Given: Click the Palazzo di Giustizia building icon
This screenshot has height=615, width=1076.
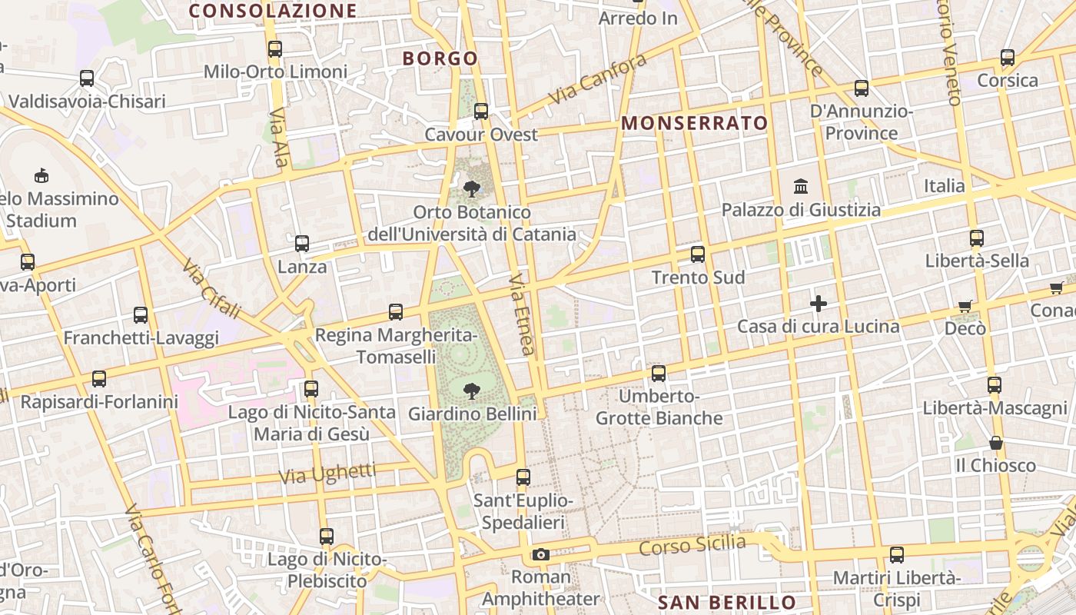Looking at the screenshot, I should pos(801,187).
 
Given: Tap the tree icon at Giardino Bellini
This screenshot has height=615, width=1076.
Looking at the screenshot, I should pos(471,391).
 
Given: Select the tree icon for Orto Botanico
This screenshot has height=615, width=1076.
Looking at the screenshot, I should pos(471,188).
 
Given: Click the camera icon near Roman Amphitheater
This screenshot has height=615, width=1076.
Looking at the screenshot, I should pos(540,554).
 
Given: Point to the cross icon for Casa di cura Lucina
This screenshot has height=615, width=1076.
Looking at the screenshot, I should pos(819,304).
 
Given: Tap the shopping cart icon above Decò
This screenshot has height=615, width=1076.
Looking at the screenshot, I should pos(965,306).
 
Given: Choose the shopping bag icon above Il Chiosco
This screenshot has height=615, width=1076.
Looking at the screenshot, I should pos(996,443).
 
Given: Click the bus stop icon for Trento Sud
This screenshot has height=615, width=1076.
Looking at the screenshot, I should pos(698,254).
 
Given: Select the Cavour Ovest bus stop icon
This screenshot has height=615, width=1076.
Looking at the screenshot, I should pos(481,111).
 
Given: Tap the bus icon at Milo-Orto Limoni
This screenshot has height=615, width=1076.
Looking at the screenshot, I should pos(275,49).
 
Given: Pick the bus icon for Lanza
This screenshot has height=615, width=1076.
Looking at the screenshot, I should pos(302,244).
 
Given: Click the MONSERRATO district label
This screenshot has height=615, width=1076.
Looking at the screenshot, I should pos(695,123).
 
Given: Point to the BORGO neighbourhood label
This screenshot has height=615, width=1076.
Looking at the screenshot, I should pos(440,58).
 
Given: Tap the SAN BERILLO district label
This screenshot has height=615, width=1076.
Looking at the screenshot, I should pos(727,602).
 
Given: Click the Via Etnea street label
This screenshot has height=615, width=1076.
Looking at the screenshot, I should pos(522,314).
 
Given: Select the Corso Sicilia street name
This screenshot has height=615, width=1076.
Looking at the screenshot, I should pos(692,545).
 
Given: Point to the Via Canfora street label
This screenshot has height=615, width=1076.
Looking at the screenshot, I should pos(597,81).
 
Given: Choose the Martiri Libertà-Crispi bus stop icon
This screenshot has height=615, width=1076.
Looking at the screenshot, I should pos(896,554).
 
